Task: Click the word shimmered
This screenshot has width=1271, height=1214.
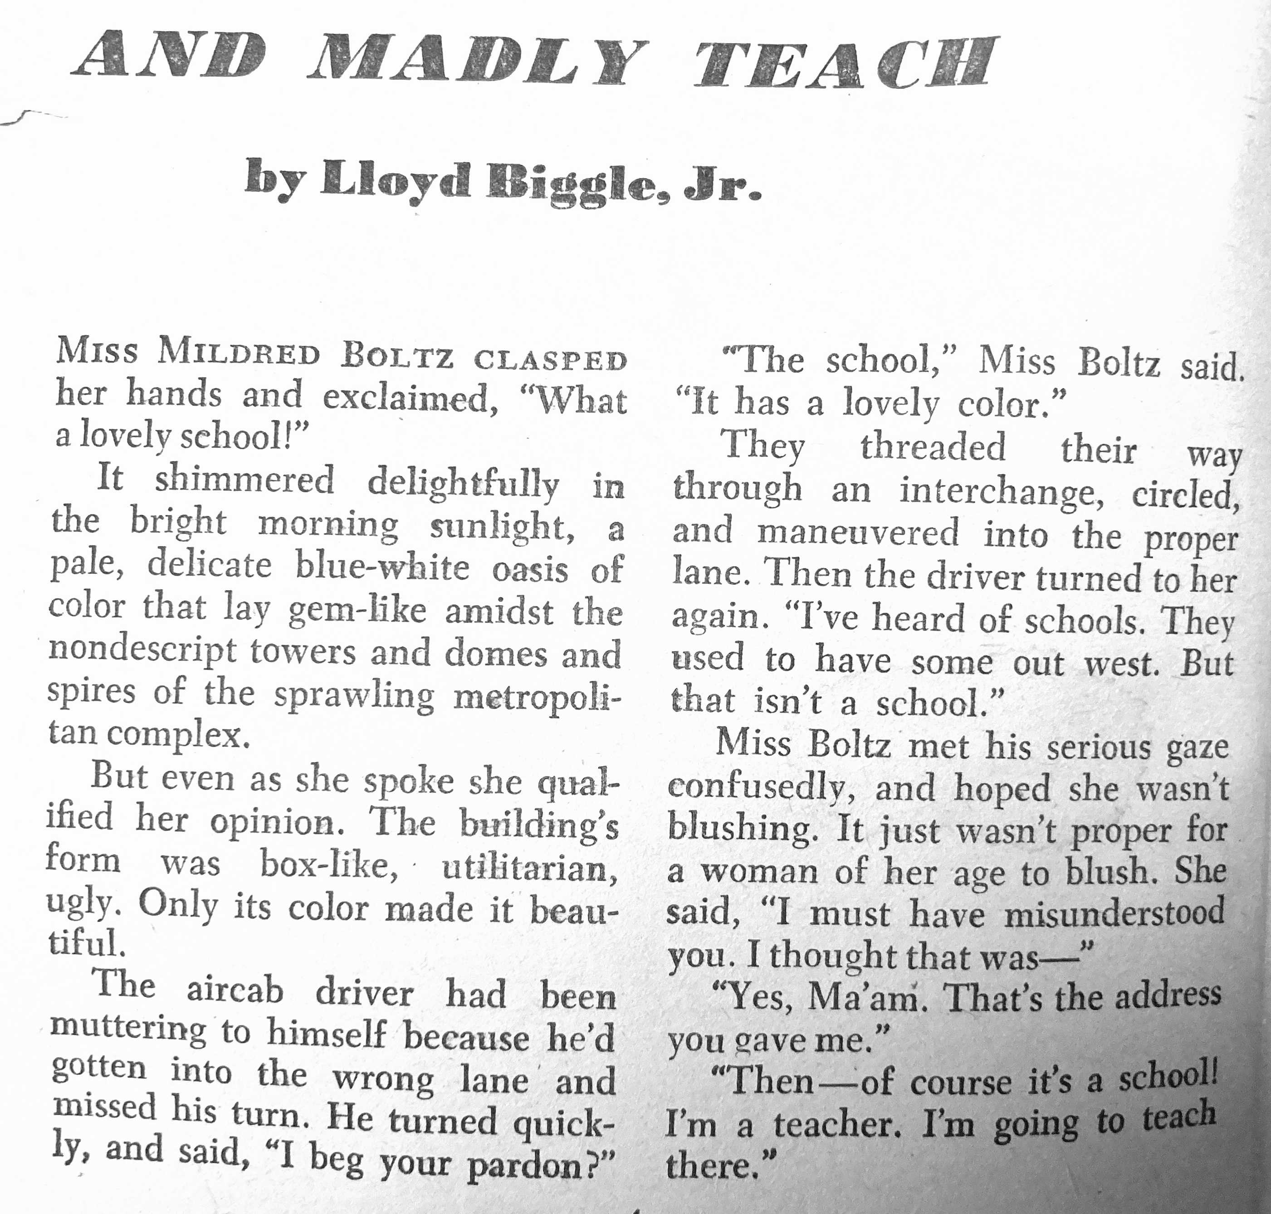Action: pyautogui.click(x=244, y=480)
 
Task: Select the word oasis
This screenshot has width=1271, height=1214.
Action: pyautogui.click(x=530, y=569)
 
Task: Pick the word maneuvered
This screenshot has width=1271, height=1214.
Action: pyautogui.click(x=858, y=534)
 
